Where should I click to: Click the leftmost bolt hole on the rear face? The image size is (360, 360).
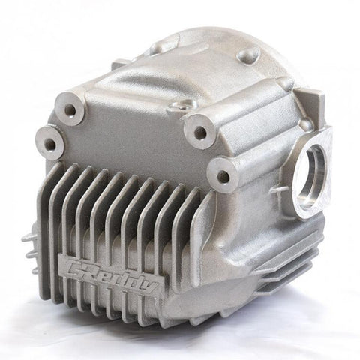(50, 143)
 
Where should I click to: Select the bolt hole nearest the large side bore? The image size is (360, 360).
(223, 177)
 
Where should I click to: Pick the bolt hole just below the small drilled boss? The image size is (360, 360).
(199, 132)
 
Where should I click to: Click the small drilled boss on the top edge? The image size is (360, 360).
(181, 105)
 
